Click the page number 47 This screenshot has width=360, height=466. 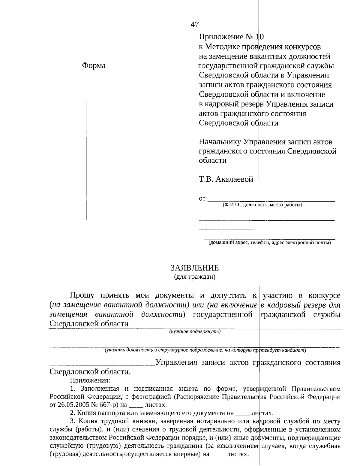[194, 25]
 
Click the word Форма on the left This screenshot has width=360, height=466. [94, 66]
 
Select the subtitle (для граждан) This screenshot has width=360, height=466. [195, 277]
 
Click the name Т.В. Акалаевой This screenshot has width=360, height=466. [226, 179]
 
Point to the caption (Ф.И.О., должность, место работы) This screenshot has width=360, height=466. [262, 205]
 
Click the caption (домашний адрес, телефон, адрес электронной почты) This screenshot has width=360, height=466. [270, 243]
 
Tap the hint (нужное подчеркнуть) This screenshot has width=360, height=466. [195, 331]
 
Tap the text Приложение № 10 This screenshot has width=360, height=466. [231, 37]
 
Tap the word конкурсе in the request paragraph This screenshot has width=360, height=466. [324, 295]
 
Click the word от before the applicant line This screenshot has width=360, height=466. [202, 199]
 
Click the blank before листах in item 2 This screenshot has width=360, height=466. [243, 413]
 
